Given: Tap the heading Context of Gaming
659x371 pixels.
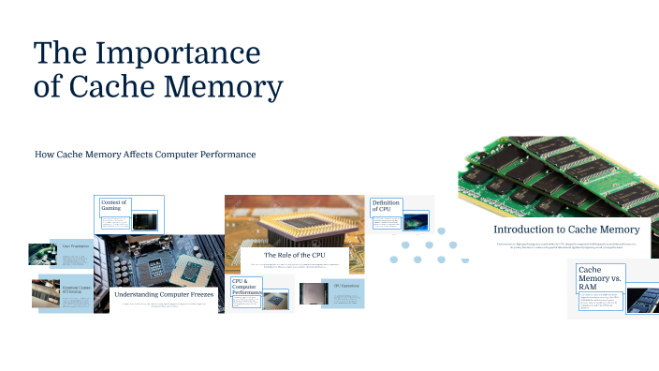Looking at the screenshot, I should coord(113,206).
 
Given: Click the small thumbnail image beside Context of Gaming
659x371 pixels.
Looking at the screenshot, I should coord(145,222).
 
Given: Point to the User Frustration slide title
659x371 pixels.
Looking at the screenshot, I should coord(75,246).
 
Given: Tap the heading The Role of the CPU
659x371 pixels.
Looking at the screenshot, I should coord(295,255).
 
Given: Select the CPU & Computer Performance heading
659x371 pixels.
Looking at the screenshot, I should coord(246,287).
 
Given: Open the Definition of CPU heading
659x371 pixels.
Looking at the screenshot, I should coord(386,206).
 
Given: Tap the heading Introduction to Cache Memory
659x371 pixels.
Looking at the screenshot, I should coord(566,230).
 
